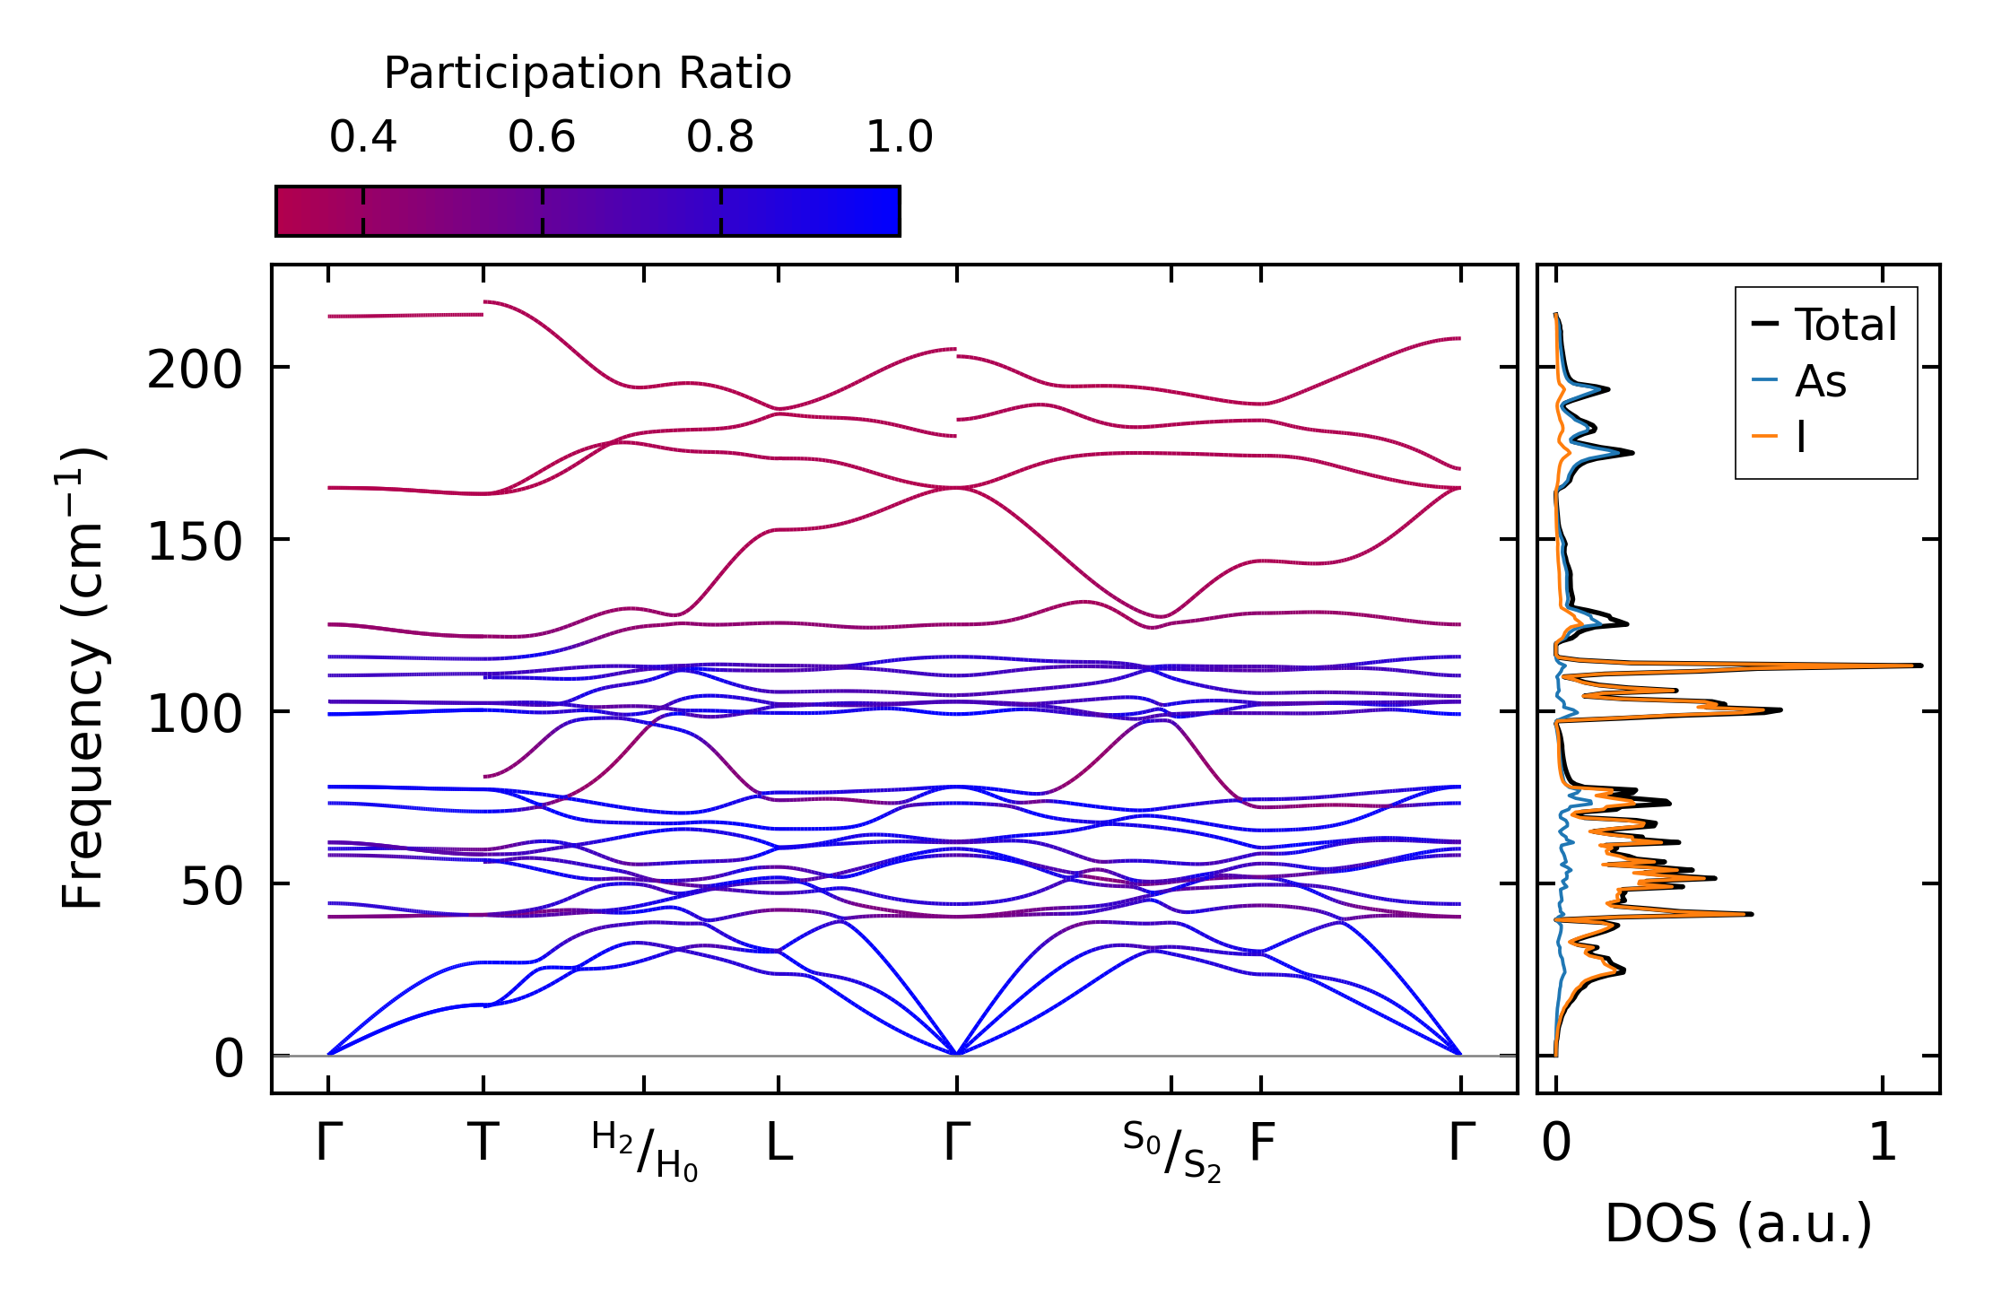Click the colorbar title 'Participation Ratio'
point(587,74)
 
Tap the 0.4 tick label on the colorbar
point(362,137)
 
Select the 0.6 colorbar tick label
point(541,137)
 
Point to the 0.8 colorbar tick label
point(720,137)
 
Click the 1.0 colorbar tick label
point(899,137)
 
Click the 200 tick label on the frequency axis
point(195,370)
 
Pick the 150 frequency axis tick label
point(195,542)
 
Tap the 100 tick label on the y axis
point(195,715)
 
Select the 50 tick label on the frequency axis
point(212,887)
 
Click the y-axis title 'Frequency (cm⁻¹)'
point(83,678)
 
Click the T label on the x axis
point(483,1144)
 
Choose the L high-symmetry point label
point(779,1144)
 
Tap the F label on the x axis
point(1261,1144)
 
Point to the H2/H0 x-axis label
point(644,1152)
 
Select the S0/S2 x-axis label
point(1171,1152)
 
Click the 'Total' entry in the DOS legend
point(1845,325)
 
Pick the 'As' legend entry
point(1820,382)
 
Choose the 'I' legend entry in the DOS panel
point(1800,438)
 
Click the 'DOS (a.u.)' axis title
point(1738,1223)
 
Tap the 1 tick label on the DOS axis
point(1882,1144)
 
